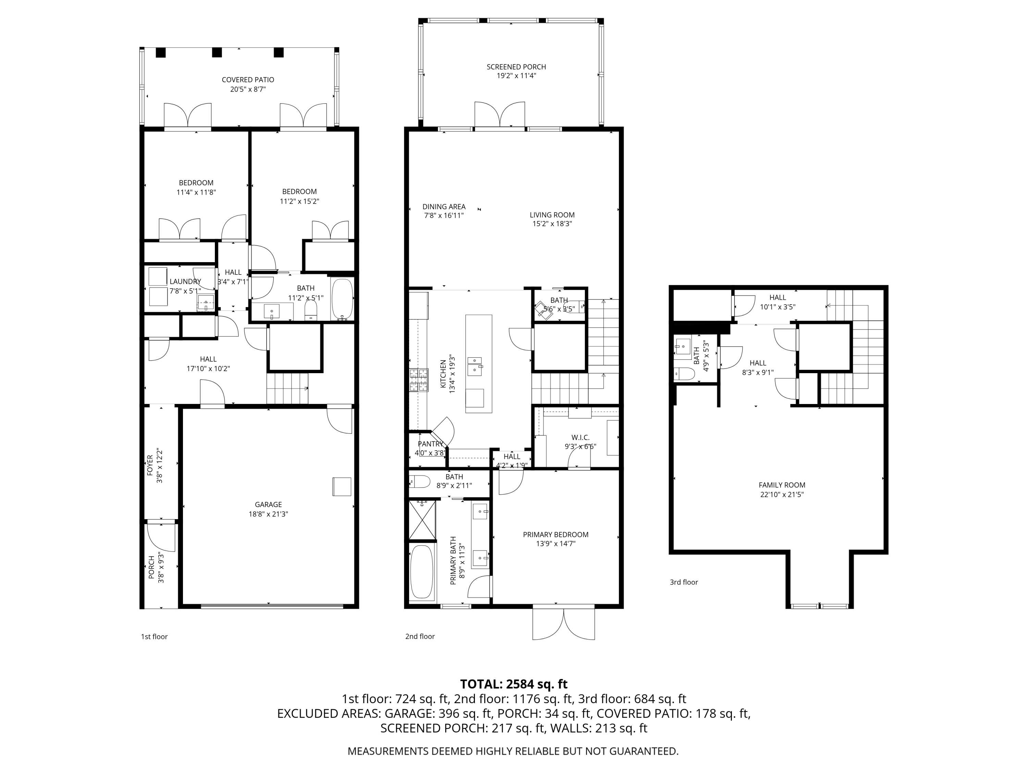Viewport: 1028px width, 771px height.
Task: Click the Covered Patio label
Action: tap(248, 80)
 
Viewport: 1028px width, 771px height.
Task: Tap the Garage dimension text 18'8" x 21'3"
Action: tap(268, 514)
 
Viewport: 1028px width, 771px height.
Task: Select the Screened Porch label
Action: tap(516, 67)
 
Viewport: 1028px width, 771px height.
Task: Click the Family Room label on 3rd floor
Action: tap(782, 485)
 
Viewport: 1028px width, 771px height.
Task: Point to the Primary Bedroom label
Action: tap(555, 535)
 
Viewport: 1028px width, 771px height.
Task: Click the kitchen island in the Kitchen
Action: tap(479, 364)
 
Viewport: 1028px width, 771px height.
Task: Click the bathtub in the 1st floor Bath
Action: tap(343, 298)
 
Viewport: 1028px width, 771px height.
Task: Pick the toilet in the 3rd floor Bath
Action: tap(684, 373)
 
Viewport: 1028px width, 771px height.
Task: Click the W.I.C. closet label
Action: tap(580, 437)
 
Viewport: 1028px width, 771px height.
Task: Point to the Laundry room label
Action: tap(185, 282)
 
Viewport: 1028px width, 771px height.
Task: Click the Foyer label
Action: tap(150, 465)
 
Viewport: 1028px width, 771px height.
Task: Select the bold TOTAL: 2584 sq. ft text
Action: tap(514, 684)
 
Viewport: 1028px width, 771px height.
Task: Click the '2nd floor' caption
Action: tap(420, 636)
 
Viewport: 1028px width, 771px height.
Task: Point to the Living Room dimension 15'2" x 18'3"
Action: tap(552, 223)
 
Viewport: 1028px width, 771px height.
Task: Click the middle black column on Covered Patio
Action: tap(217, 52)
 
